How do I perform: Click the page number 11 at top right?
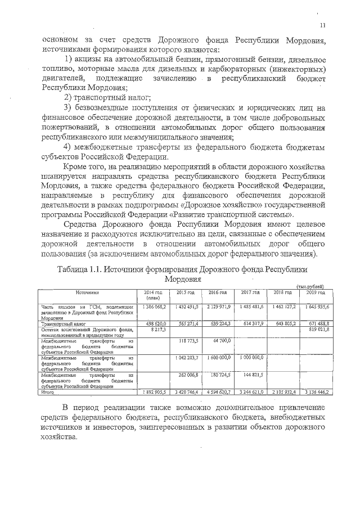coord(323,24)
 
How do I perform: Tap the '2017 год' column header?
coord(250,292)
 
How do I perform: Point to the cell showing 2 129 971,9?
coord(217,307)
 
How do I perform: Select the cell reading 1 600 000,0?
coord(217,357)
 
